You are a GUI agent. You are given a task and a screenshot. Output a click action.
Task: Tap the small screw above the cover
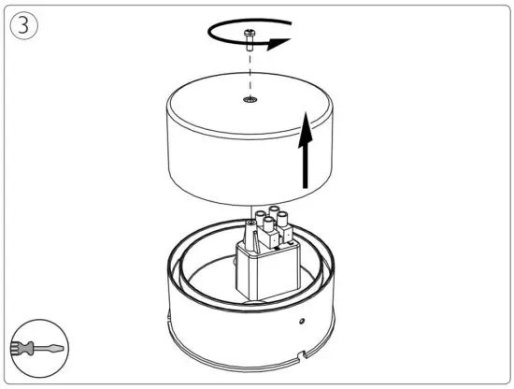[x=250, y=38]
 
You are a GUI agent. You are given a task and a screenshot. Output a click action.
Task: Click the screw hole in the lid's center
[x=250, y=99]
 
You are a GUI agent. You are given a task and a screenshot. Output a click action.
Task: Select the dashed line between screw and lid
[x=250, y=70]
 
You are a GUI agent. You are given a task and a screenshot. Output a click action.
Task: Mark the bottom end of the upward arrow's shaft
[x=306, y=186]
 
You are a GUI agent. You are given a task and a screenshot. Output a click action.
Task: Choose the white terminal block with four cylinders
[x=274, y=233]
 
